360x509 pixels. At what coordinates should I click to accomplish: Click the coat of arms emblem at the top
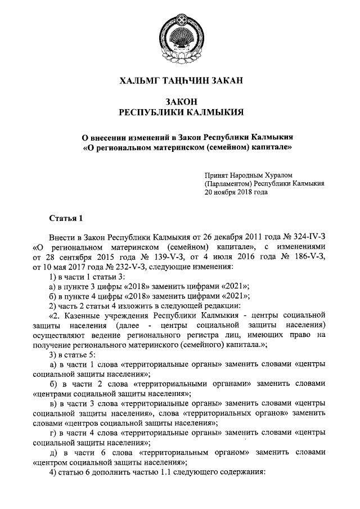[x=179, y=35]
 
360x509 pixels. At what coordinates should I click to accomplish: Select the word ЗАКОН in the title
[x=180, y=101]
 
